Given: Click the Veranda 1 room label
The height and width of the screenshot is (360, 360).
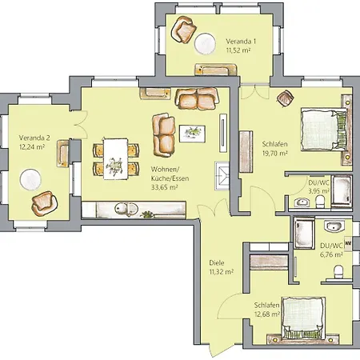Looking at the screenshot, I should pos(240,41).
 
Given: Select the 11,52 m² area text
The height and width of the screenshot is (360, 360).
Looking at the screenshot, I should pos(238,50).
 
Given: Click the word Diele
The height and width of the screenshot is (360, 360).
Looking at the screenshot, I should pos(216,262).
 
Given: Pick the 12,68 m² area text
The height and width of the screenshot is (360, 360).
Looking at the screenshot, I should pos(268,314).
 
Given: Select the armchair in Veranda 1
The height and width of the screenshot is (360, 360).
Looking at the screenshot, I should pos(185,30).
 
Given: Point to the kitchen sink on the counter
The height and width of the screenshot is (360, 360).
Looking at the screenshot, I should pos(122,209).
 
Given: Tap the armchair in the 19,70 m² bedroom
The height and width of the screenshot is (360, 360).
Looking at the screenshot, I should pos(284,98).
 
